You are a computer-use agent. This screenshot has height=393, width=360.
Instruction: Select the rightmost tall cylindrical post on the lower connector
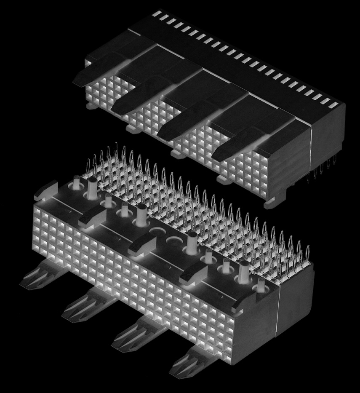click(243, 270)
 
